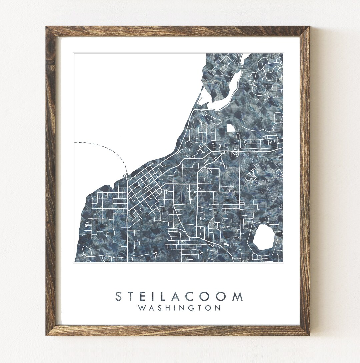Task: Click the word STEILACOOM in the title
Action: [179, 296]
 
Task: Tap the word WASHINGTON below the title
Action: [179, 308]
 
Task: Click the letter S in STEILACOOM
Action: [119, 296]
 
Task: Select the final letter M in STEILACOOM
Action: [237, 296]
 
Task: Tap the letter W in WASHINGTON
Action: [142, 308]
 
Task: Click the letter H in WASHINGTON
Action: [167, 308]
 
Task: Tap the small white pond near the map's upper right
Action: [230, 127]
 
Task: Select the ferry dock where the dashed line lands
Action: [125, 174]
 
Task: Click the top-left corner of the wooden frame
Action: [47, 27]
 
